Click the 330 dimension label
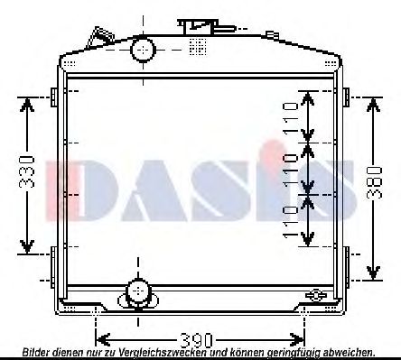27,177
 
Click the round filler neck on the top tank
143,50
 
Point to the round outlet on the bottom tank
137,291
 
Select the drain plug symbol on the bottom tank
315,295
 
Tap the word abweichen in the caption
351,353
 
